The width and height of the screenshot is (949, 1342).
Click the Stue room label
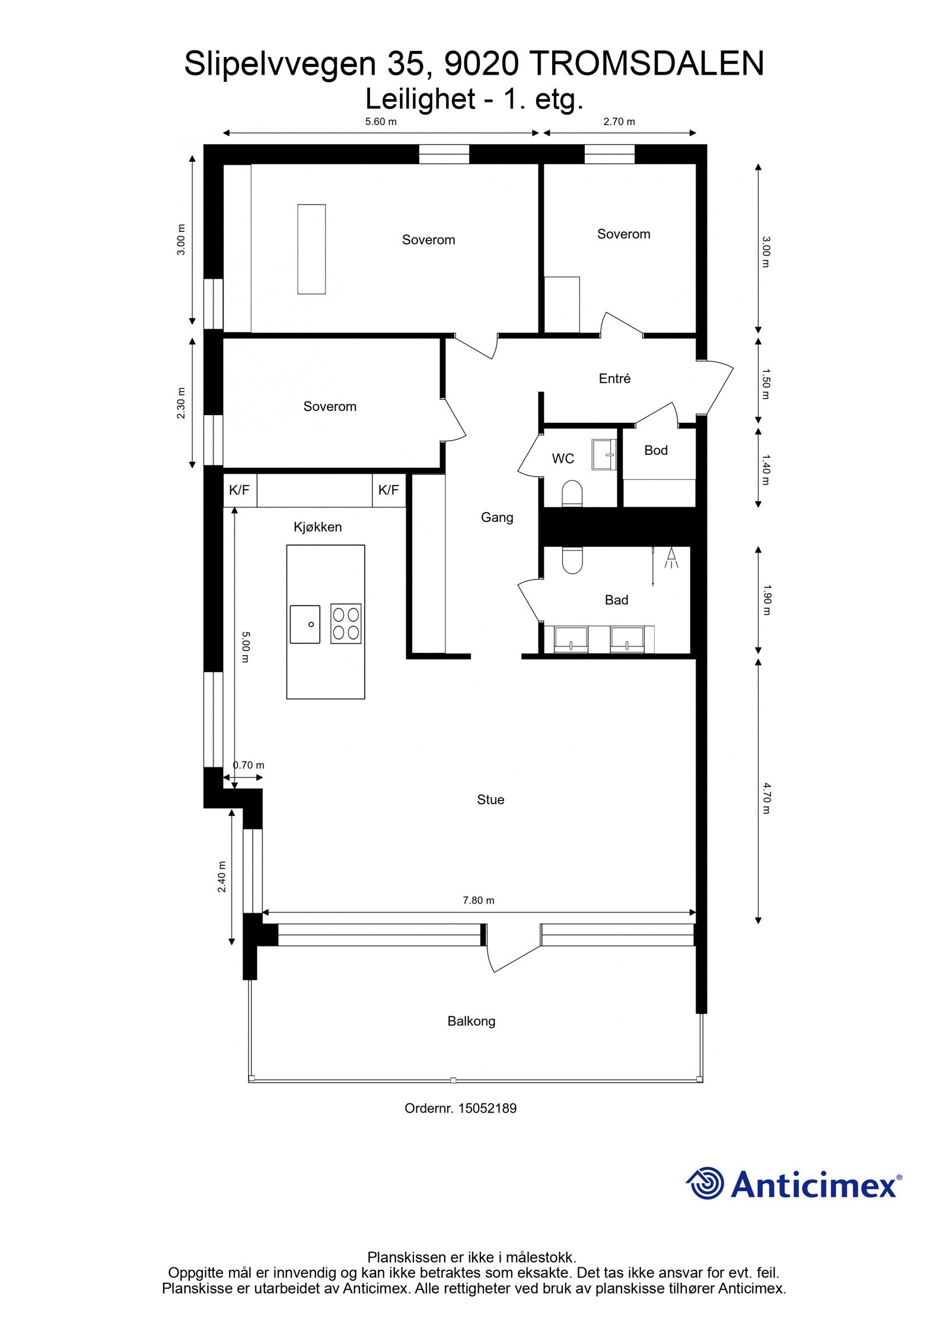490,799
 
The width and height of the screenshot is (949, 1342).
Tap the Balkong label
471,1021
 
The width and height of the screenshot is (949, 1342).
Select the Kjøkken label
317,527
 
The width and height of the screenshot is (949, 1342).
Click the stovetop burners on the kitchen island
346,623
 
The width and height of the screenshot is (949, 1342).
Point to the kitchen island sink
305,623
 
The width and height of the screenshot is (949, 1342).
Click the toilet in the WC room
572,493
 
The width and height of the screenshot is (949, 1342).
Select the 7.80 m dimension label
478,900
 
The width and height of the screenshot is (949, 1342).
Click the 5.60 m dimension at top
380,122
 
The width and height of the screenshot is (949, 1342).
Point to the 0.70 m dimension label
249,765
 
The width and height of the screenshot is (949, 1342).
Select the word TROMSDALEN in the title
646,63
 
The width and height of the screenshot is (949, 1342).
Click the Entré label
614,378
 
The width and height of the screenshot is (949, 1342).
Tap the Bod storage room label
655,450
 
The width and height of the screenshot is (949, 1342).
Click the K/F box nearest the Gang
388,490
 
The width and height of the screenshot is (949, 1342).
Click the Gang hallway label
496,517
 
